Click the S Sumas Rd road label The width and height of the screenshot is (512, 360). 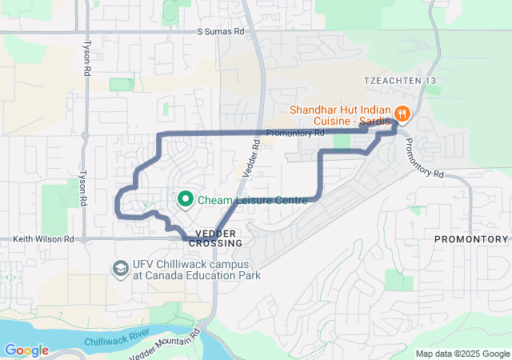(221, 32)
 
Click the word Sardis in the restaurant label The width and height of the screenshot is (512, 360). (374, 121)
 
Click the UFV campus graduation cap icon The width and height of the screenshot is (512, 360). (121, 267)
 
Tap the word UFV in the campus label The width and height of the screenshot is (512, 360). (145, 264)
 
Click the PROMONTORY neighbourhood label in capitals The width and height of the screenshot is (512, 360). (471, 239)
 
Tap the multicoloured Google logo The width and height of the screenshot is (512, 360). (26, 350)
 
